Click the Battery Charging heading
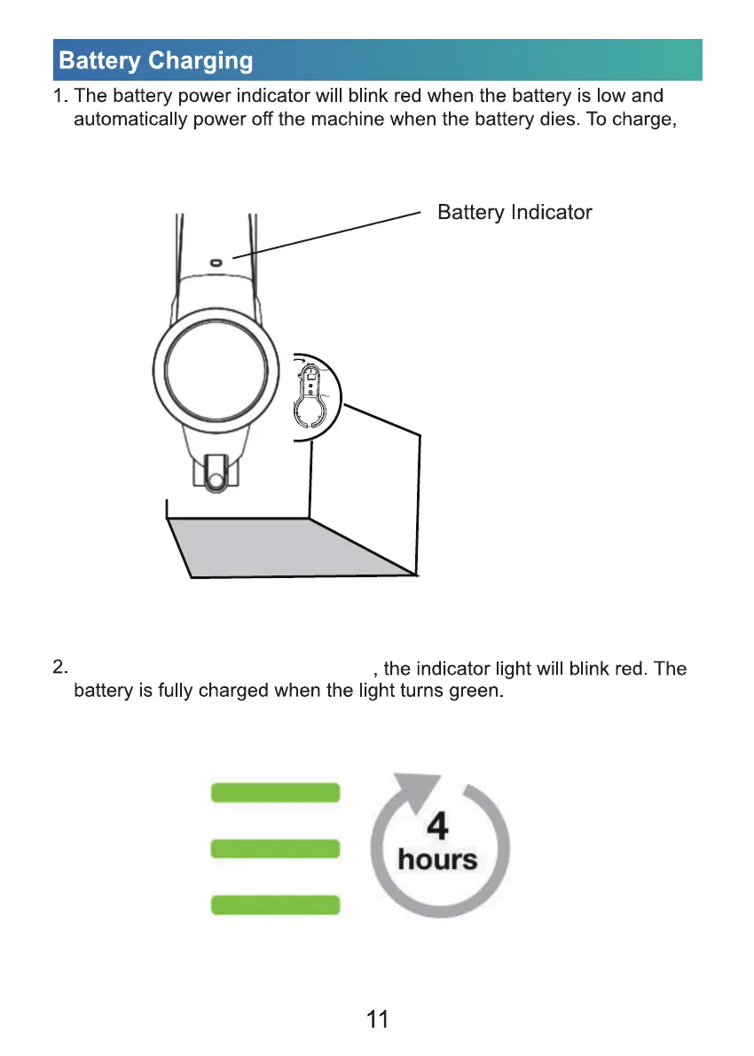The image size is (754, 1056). (x=156, y=61)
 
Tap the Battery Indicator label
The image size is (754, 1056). (x=514, y=213)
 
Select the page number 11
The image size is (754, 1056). (x=377, y=1020)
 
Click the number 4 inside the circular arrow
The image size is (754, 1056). (x=437, y=826)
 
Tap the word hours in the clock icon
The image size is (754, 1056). (x=437, y=859)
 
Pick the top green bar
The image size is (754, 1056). (x=275, y=793)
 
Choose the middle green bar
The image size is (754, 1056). (x=275, y=849)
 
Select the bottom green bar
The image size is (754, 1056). (x=275, y=905)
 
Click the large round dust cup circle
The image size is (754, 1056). (x=210, y=368)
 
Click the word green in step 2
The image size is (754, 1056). (x=479, y=691)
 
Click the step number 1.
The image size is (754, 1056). (x=60, y=96)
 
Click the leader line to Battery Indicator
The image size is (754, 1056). (x=328, y=235)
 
